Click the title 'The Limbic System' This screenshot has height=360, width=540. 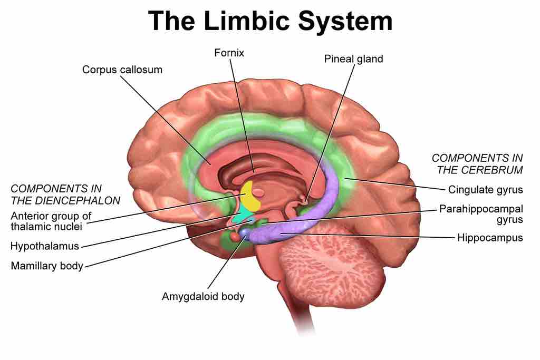(x=270, y=22)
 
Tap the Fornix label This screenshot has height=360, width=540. (x=230, y=53)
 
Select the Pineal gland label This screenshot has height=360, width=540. (x=353, y=59)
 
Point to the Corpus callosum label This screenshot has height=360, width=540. (x=122, y=70)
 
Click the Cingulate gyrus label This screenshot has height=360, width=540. (x=485, y=189)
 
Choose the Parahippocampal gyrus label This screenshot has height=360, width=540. (x=481, y=213)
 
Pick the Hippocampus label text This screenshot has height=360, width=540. (x=490, y=237)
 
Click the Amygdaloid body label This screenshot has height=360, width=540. (x=203, y=296)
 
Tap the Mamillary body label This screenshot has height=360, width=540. (x=47, y=266)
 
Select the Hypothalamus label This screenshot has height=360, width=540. (x=45, y=246)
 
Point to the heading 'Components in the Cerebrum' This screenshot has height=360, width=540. (x=477, y=163)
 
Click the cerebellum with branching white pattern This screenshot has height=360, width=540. (x=330, y=264)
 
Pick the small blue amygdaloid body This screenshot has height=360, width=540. (x=245, y=232)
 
